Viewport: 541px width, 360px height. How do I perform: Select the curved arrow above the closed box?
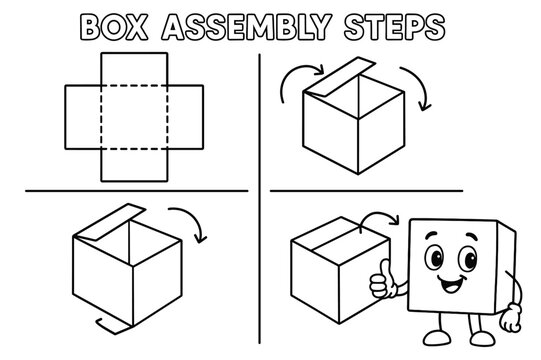tap(378, 219)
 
